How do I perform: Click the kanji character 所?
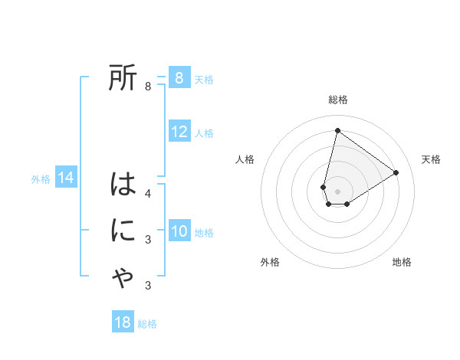[x=123, y=78]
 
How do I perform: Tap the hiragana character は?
[x=123, y=185]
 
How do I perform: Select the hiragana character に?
[x=123, y=231]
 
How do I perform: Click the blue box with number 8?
[x=179, y=78]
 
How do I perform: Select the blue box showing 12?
[x=179, y=132]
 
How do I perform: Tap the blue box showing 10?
[x=179, y=231]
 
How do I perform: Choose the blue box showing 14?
[x=65, y=178]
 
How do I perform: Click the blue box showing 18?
[x=123, y=322]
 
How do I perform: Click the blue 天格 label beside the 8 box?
[x=204, y=79]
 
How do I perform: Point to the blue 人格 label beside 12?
[x=204, y=133]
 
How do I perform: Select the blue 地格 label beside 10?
[x=204, y=232]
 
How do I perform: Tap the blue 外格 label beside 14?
[x=41, y=179]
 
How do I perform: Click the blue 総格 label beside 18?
[x=147, y=324]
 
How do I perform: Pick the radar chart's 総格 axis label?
[x=338, y=100]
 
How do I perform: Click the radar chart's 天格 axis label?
[x=431, y=159]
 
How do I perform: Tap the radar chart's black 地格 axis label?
[x=402, y=262]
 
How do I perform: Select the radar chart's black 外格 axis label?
[x=270, y=262]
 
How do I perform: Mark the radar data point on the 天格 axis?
[x=396, y=172]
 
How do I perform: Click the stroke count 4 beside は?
[x=148, y=193]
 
